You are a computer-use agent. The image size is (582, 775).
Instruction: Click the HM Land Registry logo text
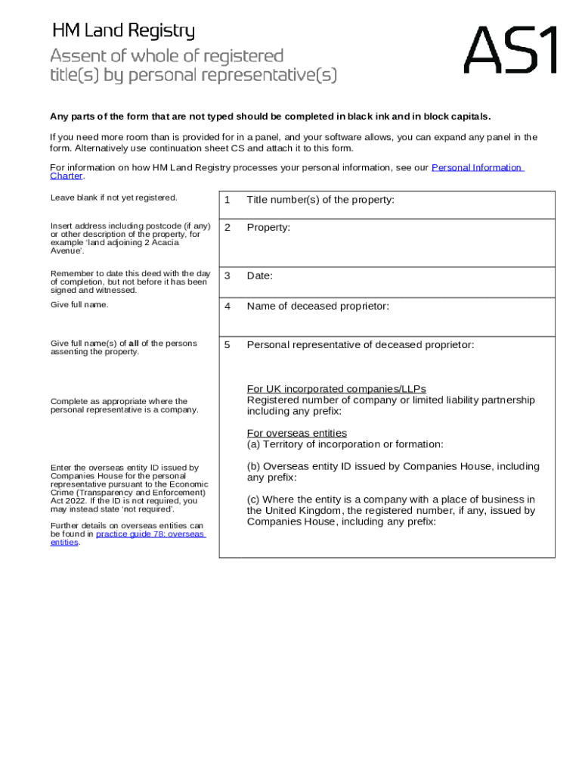coord(123,31)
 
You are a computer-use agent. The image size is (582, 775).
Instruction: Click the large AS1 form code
coord(511,50)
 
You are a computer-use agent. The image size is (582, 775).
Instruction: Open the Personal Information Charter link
coord(476,167)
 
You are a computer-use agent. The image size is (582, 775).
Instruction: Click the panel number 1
coord(226,200)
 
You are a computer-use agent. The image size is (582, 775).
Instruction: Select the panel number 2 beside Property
coord(226,227)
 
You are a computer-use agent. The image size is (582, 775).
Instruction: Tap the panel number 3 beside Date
coord(226,275)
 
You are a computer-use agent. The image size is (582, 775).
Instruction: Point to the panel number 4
coord(226,307)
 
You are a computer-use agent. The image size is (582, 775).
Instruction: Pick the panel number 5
coord(226,345)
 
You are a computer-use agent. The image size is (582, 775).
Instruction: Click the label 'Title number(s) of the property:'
coord(320,200)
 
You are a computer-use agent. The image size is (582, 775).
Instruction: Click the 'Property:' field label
coord(268,227)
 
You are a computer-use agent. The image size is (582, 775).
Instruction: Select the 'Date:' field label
coord(259,275)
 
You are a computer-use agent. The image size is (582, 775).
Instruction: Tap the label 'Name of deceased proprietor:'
coord(317,307)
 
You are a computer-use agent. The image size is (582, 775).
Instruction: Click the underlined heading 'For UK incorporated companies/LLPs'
coord(336,389)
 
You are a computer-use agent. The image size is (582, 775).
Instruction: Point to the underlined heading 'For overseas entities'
coord(297,433)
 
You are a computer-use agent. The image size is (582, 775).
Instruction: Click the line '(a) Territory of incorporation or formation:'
coord(345,444)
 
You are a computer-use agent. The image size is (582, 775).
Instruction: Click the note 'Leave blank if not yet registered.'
coord(113,198)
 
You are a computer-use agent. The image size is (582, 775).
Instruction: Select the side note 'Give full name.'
coord(79,304)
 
